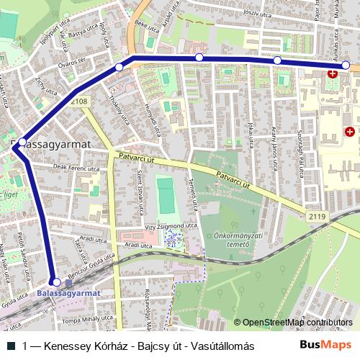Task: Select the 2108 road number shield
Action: (x=80, y=102)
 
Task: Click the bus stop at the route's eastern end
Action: (x=346, y=66)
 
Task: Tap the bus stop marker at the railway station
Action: (x=57, y=282)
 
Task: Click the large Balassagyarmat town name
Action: (x=52, y=144)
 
